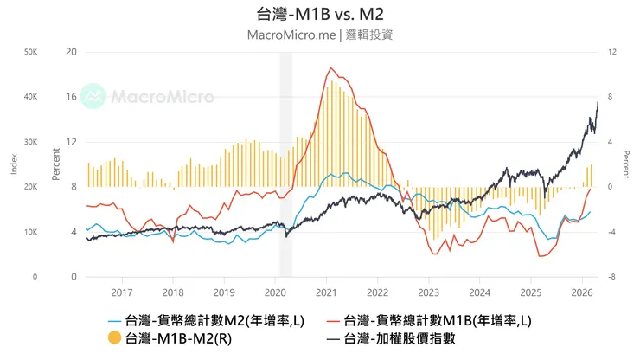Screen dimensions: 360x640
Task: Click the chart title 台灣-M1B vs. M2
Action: [320, 15]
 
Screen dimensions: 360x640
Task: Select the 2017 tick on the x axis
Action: [122, 292]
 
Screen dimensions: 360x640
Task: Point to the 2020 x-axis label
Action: [275, 292]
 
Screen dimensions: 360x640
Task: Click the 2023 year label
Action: [428, 292]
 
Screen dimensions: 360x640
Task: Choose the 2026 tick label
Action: [581, 292]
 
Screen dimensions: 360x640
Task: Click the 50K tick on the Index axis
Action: [30, 52]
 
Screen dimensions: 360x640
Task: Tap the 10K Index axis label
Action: [30, 232]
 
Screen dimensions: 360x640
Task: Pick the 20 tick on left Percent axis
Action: [72, 52]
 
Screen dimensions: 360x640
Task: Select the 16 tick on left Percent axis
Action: [72, 97]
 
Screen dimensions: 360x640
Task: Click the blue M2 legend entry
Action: [207, 320]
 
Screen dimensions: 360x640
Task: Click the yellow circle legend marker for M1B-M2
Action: [113, 338]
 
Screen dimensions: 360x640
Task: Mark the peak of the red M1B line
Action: [330, 68]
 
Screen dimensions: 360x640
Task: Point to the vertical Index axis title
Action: [14, 164]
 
